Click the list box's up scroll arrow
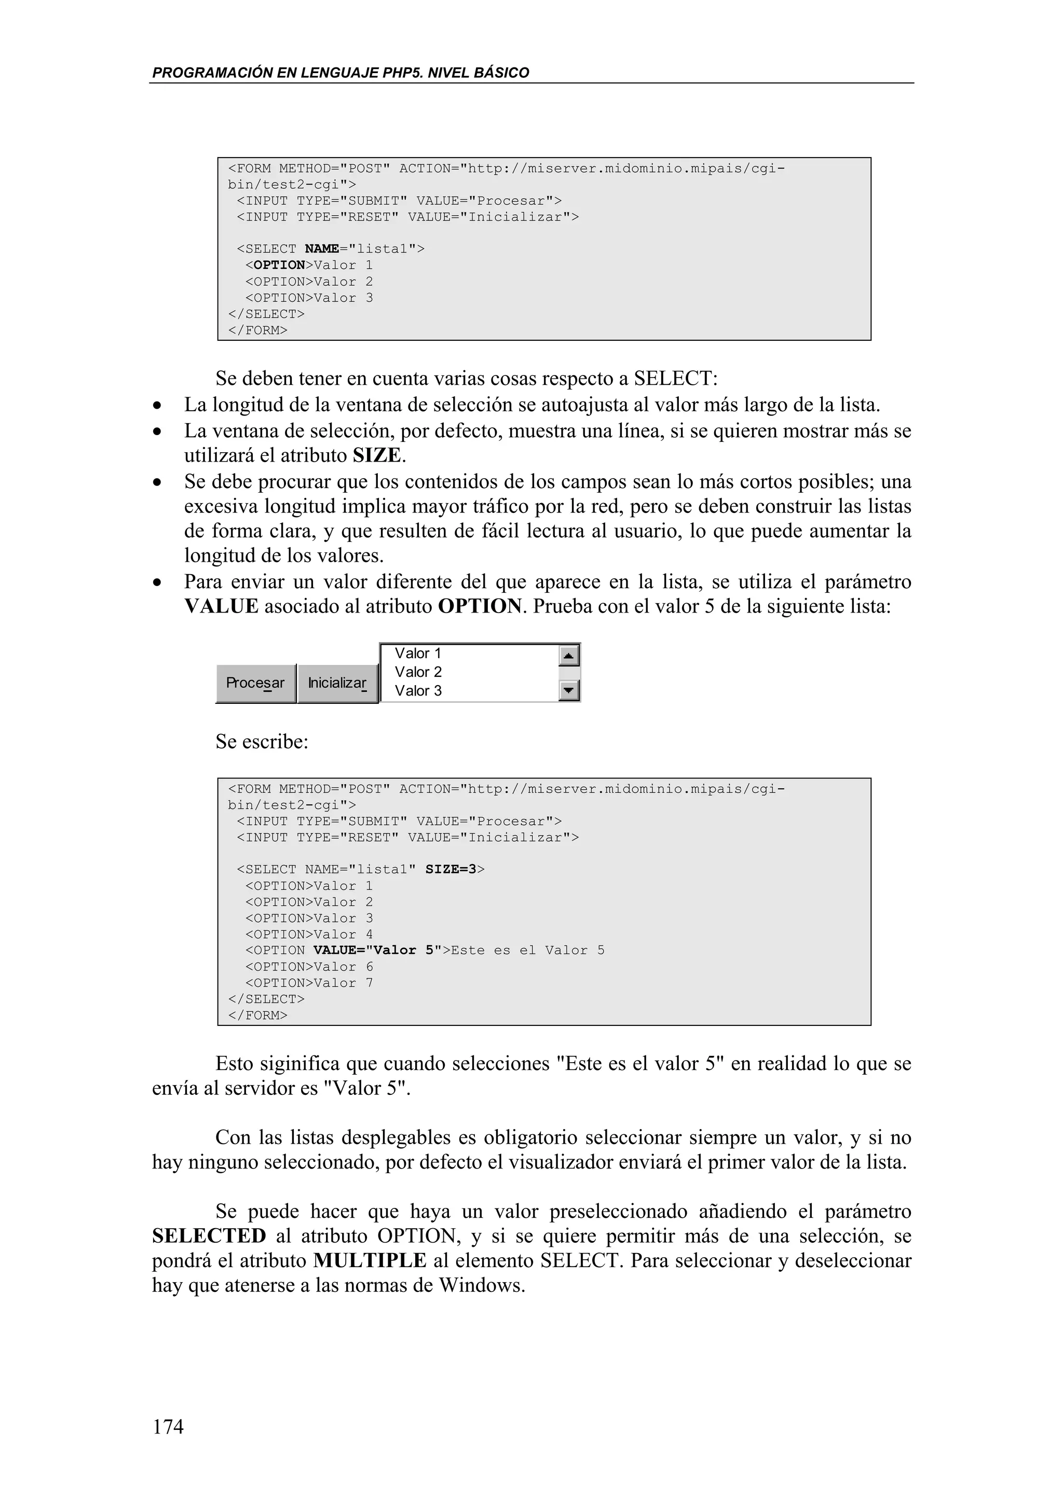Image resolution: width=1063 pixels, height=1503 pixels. pyautogui.click(x=568, y=655)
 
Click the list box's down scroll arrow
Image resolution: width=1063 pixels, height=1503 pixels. pyautogui.click(x=568, y=690)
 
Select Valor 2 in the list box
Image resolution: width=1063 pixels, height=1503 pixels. pyautogui.click(x=418, y=672)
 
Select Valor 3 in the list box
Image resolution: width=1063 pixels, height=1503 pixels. pyautogui.click(x=418, y=691)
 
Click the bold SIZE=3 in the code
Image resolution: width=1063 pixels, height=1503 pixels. pyautogui.click(x=451, y=869)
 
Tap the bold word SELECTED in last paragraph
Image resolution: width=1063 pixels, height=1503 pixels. pyautogui.click(x=209, y=1236)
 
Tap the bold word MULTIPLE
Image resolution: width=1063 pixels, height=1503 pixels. pyautogui.click(x=370, y=1260)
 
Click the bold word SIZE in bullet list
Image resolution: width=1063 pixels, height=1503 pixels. pyautogui.click(x=377, y=454)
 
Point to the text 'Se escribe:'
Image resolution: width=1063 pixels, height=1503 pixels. pyautogui.click(x=261, y=742)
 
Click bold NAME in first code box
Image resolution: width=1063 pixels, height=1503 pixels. pyautogui.click(x=322, y=249)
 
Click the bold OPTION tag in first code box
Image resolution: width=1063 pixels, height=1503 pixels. pyautogui.click(x=279, y=265)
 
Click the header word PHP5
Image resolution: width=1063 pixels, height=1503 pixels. pyautogui.click(x=401, y=73)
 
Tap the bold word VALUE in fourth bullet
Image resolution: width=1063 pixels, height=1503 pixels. pyautogui.click(x=222, y=606)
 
